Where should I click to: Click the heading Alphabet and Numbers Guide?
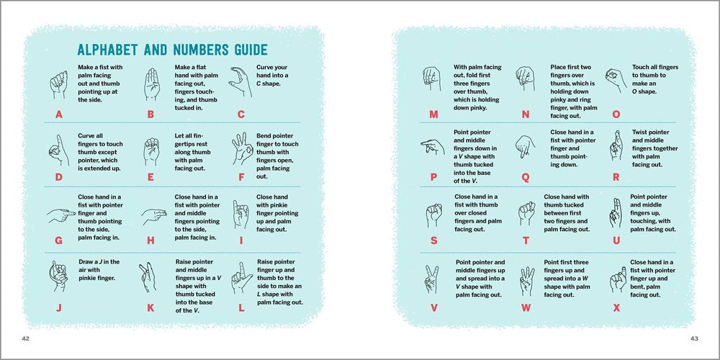[172, 50]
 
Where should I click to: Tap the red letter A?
[59, 114]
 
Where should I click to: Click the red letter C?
[241, 114]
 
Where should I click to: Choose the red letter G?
[59, 240]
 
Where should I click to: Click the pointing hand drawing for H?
[151, 214]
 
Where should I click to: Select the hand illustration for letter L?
[241, 276]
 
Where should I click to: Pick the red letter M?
[433, 114]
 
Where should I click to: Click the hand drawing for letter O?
[614, 80]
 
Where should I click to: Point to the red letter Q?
[525, 177]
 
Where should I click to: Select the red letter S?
[433, 240]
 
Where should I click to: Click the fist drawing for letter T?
[526, 212]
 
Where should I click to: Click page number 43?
[694, 338]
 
